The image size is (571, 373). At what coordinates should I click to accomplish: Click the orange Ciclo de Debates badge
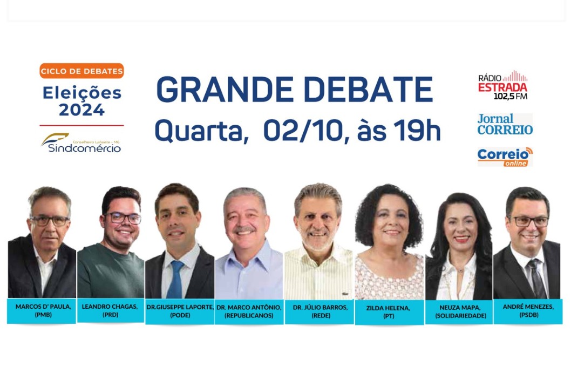coord(81,71)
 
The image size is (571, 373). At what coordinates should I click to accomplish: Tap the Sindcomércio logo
coord(81,143)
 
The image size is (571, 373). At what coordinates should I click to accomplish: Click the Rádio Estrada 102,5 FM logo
coord(502,85)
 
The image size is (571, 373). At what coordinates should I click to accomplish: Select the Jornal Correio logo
coord(505,124)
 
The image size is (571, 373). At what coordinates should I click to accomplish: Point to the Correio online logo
coord(505,157)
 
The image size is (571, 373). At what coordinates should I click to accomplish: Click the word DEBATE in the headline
coord(368,90)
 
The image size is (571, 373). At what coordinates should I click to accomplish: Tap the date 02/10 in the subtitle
coord(302,130)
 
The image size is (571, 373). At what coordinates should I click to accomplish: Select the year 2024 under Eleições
coord(82,110)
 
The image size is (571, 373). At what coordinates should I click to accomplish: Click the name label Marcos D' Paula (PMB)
coord(42,311)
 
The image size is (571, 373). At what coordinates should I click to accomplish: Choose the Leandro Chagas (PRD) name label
coord(110,310)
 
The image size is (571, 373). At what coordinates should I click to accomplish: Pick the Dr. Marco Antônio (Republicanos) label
coord(249,311)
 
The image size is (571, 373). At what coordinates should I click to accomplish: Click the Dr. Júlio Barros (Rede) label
coord(320,311)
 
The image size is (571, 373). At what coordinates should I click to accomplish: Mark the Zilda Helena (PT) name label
coord(389,312)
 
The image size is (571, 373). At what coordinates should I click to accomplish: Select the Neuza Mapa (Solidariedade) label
coord(460,312)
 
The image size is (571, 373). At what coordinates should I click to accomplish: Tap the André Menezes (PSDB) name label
coord(528,311)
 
